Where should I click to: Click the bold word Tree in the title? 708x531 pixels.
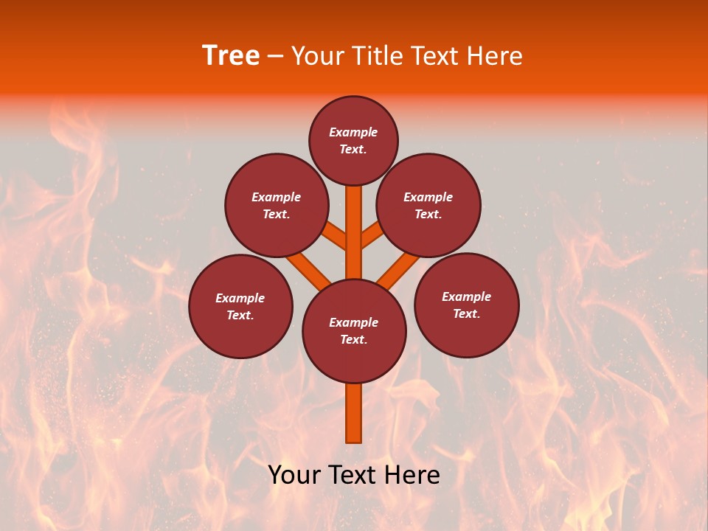(231, 56)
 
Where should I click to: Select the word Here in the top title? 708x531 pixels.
(495, 56)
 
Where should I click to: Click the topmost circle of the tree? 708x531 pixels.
(353, 141)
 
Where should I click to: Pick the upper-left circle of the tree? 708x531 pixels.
(277, 206)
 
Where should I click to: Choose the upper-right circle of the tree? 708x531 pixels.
(428, 206)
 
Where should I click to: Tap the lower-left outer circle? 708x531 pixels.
(240, 307)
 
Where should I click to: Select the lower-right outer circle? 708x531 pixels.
(466, 305)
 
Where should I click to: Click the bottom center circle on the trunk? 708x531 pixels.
(354, 331)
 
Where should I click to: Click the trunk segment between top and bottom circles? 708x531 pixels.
(354, 232)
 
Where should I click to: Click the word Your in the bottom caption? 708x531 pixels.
(294, 475)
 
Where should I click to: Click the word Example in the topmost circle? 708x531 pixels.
(353, 133)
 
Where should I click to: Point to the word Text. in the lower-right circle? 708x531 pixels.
(466, 314)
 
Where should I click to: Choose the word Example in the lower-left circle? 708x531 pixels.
(240, 299)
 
